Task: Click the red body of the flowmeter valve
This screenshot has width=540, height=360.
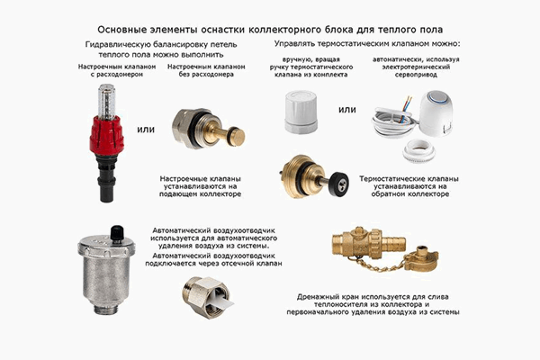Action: tap(106, 134)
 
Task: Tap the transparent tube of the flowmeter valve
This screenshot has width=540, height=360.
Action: tap(106, 102)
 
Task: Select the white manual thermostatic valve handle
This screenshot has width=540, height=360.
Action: tap(301, 112)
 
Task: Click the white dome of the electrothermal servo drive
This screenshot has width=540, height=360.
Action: tap(436, 112)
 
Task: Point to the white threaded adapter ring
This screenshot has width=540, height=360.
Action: tap(419, 150)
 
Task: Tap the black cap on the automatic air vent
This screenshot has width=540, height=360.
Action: tap(117, 233)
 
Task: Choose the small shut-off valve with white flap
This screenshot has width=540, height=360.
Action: tap(206, 297)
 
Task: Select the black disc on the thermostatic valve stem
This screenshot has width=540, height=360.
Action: tap(339, 184)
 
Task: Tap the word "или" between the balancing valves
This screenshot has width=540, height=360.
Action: tap(146, 130)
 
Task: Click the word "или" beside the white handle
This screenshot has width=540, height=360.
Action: tap(346, 110)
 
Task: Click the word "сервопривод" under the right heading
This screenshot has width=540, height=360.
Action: tap(416, 75)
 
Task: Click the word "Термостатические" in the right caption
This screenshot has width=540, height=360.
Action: tap(386, 179)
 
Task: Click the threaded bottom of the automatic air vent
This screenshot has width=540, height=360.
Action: tap(106, 308)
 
